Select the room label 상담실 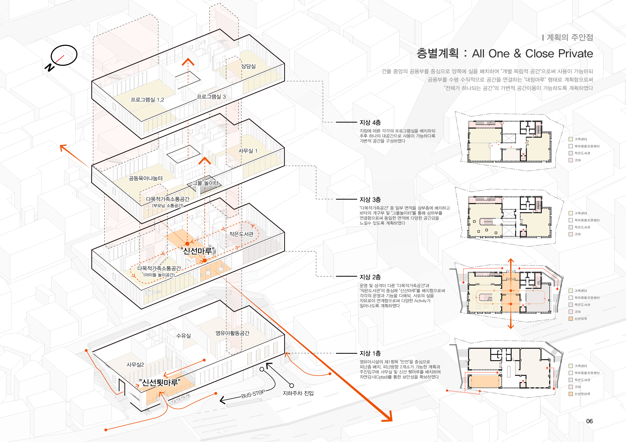[x=248, y=66]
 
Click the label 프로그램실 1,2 [x=147, y=100]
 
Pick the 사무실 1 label [x=248, y=151]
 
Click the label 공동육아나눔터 [x=146, y=178]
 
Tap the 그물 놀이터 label [x=206, y=183]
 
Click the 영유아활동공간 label [x=232, y=333]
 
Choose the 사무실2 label [x=135, y=364]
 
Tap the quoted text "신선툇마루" [x=160, y=383]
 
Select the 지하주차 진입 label [x=298, y=393]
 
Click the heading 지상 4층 [x=370, y=123]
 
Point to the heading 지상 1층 [x=370, y=353]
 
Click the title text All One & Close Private [x=532, y=54]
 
